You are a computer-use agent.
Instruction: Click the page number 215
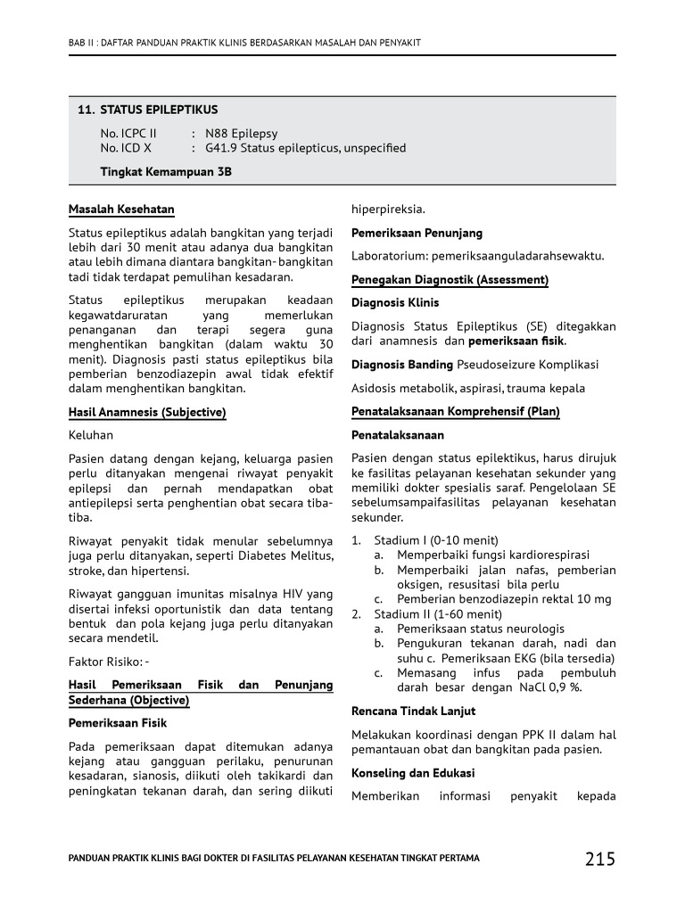[x=600, y=859]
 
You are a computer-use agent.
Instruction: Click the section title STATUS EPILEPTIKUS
[x=159, y=110]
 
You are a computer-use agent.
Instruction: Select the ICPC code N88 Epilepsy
[x=241, y=133]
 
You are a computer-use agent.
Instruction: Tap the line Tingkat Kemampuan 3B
[x=166, y=171]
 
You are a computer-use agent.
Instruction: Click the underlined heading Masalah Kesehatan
[x=121, y=210]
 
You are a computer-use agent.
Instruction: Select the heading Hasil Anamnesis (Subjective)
[x=147, y=413]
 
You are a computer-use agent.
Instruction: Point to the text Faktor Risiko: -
[x=109, y=662]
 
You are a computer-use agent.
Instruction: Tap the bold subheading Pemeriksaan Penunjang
[x=417, y=233]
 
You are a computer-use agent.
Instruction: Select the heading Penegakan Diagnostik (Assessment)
[x=450, y=280]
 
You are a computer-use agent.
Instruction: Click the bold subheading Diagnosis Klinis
[x=395, y=303]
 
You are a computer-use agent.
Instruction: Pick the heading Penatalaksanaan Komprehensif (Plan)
[x=455, y=412]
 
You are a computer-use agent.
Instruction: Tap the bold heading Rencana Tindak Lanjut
[x=413, y=711]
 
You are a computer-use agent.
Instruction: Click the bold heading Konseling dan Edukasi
[x=413, y=773]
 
